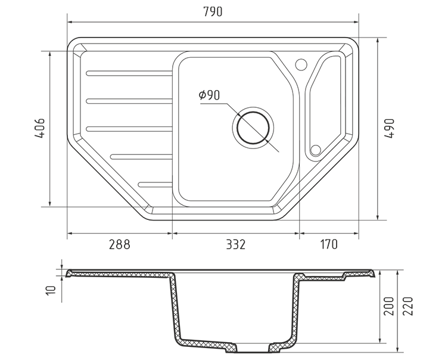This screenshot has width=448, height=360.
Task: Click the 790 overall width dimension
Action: pyautogui.click(x=213, y=12)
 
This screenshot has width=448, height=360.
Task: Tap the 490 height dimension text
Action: pyautogui.click(x=389, y=129)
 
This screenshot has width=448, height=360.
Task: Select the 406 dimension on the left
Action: pyautogui.click(x=40, y=128)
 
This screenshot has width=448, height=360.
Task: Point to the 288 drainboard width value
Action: pyautogui.click(x=120, y=245)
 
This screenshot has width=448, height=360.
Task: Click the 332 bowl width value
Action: pyautogui.click(x=236, y=245)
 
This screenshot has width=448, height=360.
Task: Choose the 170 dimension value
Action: pyautogui.click(x=329, y=245)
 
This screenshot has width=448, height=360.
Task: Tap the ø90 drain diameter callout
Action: pyautogui.click(x=210, y=95)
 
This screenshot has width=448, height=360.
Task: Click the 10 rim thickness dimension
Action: pyautogui.click(x=52, y=290)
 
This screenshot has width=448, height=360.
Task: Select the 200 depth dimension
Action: pyautogui.click(x=388, y=306)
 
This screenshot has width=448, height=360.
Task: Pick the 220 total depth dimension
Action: pyautogui.click(x=408, y=306)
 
